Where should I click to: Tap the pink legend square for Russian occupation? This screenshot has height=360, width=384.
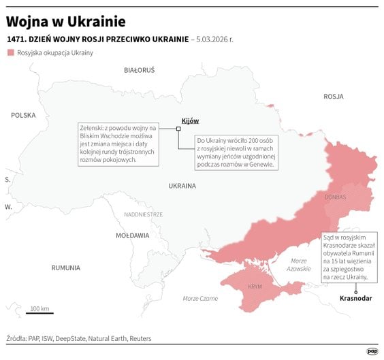[x=10, y=52]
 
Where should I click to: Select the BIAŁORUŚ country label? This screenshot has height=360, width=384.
[x=139, y=70]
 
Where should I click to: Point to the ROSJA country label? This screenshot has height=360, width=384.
[x=333, y=97]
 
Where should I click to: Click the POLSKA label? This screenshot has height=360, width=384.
[x=22, y=116]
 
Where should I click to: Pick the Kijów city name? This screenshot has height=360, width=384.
[x=190, y=121]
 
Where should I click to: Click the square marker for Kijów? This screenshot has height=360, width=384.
[x=178, y=127]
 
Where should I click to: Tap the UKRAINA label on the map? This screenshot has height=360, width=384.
[x=182, y=185]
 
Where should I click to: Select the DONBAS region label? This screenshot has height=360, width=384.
[x=335, y=197]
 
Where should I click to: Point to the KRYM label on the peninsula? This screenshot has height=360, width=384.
[x=255, y=287]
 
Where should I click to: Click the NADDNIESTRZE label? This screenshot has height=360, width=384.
[x=143, y=214]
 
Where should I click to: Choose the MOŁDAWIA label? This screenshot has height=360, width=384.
[x=132, y=235]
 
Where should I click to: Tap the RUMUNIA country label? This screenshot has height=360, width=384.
[x=65, y=268]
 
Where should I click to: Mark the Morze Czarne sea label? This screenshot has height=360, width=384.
[x=200, y=299]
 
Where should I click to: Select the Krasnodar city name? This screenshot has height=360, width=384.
[x=355, y=299]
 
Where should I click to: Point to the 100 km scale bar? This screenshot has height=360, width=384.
[x=39, y=313]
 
